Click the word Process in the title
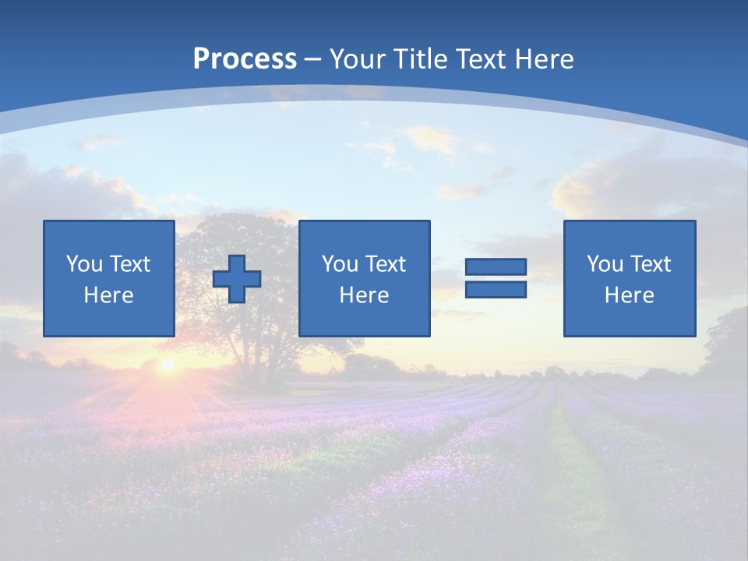[245, 59]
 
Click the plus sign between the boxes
[237, 279]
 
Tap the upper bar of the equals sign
[496, 267]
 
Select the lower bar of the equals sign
[496, 290]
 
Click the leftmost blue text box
[109, 278]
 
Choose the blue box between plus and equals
[364, 278]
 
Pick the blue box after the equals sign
[630, 278]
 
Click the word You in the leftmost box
[84, 264]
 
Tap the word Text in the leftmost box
[129, 264]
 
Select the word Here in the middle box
[364, 295]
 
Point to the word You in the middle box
[340, 264]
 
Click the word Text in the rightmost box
[650, 264]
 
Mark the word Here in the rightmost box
[630, 295]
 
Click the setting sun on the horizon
[167, 364]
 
